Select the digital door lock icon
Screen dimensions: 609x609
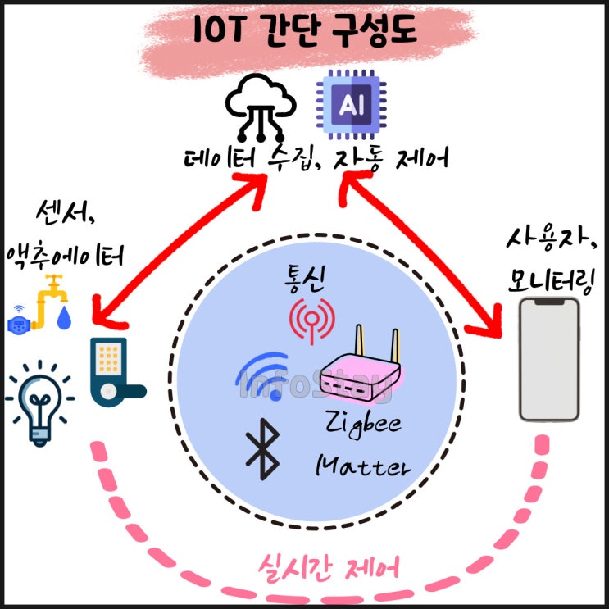click(111, 372)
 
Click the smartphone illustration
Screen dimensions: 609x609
click(549, 358)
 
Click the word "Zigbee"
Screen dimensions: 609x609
click(358, 424)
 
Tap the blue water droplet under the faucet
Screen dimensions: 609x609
click(64, 320)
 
